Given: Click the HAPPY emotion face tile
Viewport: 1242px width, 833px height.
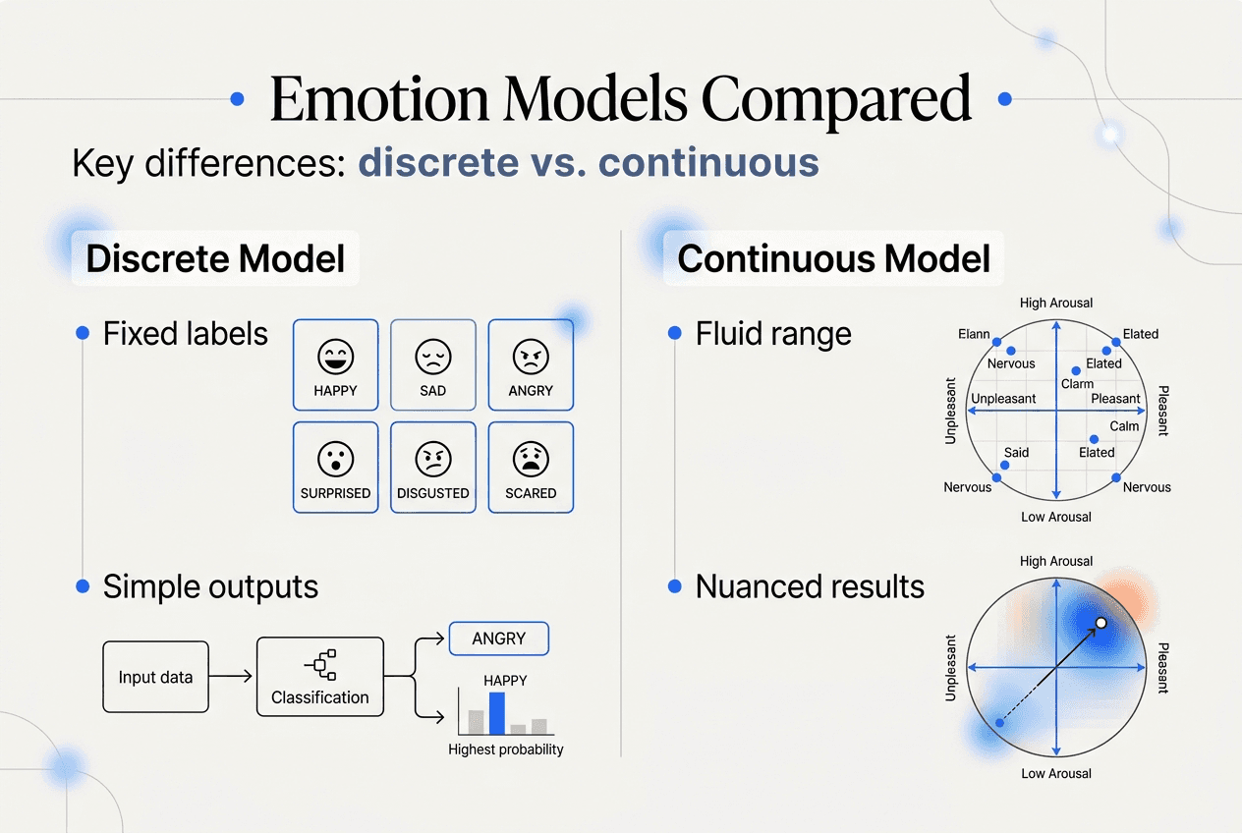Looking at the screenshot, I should [x=335, y=364].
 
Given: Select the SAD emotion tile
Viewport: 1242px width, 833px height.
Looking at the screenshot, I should [x=432, y=364].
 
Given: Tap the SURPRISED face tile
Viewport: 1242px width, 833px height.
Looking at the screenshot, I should [x=335, y=468].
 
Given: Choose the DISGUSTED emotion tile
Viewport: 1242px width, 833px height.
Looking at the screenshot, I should [x=432, y=468].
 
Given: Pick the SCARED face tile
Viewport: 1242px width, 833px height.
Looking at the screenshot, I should [x=531, y=468].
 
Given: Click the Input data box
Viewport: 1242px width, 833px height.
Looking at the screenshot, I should [x=155, y=677].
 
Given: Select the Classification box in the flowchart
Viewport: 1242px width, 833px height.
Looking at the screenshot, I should [x=319, y=677].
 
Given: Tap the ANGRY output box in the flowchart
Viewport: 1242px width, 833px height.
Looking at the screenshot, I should [x=498, y=639].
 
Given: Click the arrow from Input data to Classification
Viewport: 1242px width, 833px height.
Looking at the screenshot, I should [x=232, y=677].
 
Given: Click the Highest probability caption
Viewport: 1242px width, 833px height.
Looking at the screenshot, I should [x=506, y=750].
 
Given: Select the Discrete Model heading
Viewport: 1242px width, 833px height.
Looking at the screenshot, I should [x=215, y=259].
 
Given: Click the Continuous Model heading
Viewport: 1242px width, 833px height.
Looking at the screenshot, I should [x=833, y=259].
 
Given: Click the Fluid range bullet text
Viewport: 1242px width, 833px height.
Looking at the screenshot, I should [x=773, y=334].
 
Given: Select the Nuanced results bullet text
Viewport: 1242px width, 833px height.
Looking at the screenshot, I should [x=810, y=586].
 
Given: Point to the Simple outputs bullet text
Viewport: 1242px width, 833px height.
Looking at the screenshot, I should [x=210, y=586].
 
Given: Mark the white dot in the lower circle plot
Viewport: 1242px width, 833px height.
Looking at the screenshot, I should [x=1101, y=623].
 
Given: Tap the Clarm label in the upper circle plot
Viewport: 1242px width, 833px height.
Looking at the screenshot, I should [x=1078, y=384].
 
